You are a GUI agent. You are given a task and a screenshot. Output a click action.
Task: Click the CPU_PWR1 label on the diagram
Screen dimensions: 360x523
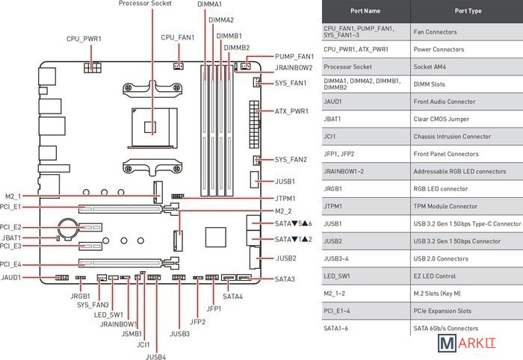pyautogui.click(x=84, y=38)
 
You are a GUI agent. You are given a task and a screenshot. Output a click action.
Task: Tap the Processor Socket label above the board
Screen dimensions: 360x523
pyautogui.click(x=145, y=4)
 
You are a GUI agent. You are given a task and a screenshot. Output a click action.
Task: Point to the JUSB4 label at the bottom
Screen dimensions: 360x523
pyautogui.click(x=155, y=357)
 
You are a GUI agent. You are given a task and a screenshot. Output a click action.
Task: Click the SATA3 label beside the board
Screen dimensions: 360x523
pyautogui.click(x=285, y=279)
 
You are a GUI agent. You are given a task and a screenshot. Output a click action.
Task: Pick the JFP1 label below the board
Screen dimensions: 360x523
pyautogui.click(x=214, y=308)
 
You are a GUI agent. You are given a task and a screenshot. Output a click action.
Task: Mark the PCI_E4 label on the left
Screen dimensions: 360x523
pyautogui.click(x=11, y=264)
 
